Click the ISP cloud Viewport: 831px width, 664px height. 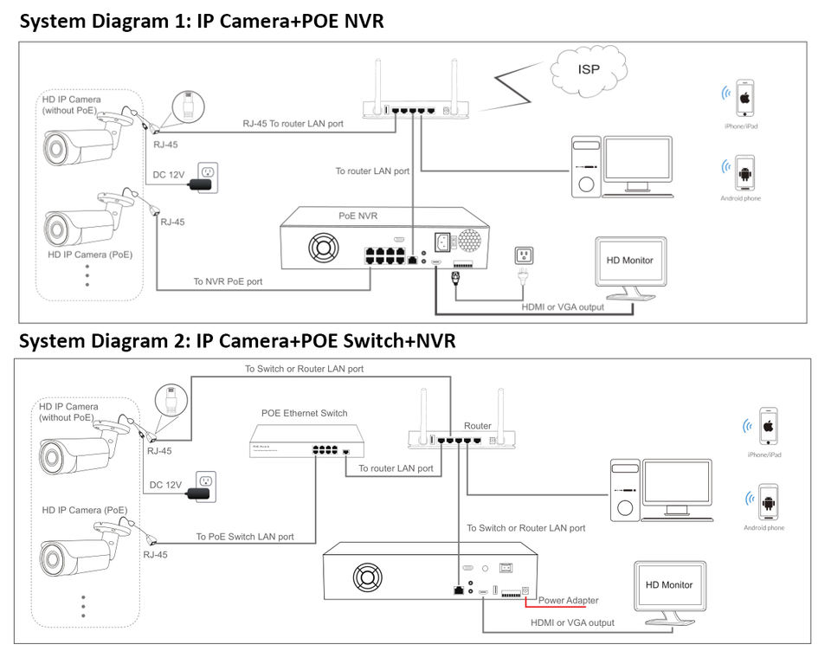589,68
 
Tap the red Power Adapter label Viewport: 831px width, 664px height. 568,600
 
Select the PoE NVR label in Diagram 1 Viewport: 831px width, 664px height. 358,215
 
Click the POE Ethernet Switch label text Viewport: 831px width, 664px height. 304,413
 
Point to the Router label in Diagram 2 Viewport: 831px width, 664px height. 478,426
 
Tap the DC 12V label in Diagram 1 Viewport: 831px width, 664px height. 171,175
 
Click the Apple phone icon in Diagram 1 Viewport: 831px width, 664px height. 742,100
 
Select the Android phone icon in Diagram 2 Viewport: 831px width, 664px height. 765,502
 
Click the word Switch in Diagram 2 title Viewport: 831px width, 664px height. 335,341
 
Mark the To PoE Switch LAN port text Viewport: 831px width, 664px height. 245,537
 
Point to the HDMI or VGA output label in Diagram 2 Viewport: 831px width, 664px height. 572,622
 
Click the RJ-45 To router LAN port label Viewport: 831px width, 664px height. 293,124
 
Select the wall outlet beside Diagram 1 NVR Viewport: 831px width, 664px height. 524,255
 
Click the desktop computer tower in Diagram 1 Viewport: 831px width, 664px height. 586,166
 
